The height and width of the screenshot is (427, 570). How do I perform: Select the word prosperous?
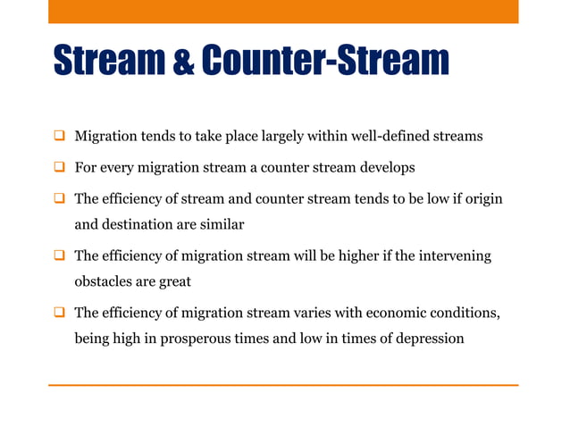[190, 339]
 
